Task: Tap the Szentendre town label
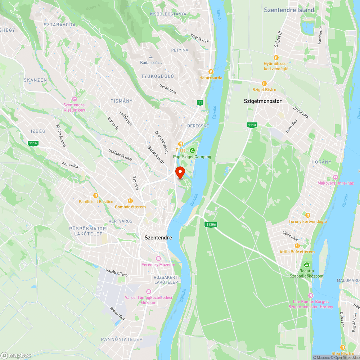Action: pos(158,238)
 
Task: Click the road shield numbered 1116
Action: pos(33,143)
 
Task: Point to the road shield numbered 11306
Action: pos(211,225)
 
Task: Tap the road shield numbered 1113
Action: pos(252,125)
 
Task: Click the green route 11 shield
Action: pos(200,103)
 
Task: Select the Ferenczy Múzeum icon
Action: pos(158,259)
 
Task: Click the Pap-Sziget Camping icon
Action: pos(192,150)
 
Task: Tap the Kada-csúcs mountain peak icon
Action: pos(151,57)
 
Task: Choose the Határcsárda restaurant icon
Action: pos(211,72)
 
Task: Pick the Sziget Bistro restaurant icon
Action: pos(264,83)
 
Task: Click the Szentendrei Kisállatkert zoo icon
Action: pos(75,99)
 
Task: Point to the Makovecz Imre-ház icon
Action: pos(336,177)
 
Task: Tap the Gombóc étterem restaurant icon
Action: pos(130,201)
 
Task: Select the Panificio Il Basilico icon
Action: pos(96,195)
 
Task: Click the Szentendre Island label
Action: pos(289,10)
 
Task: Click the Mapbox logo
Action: pos(16,355)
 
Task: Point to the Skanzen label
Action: pos(35,80)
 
